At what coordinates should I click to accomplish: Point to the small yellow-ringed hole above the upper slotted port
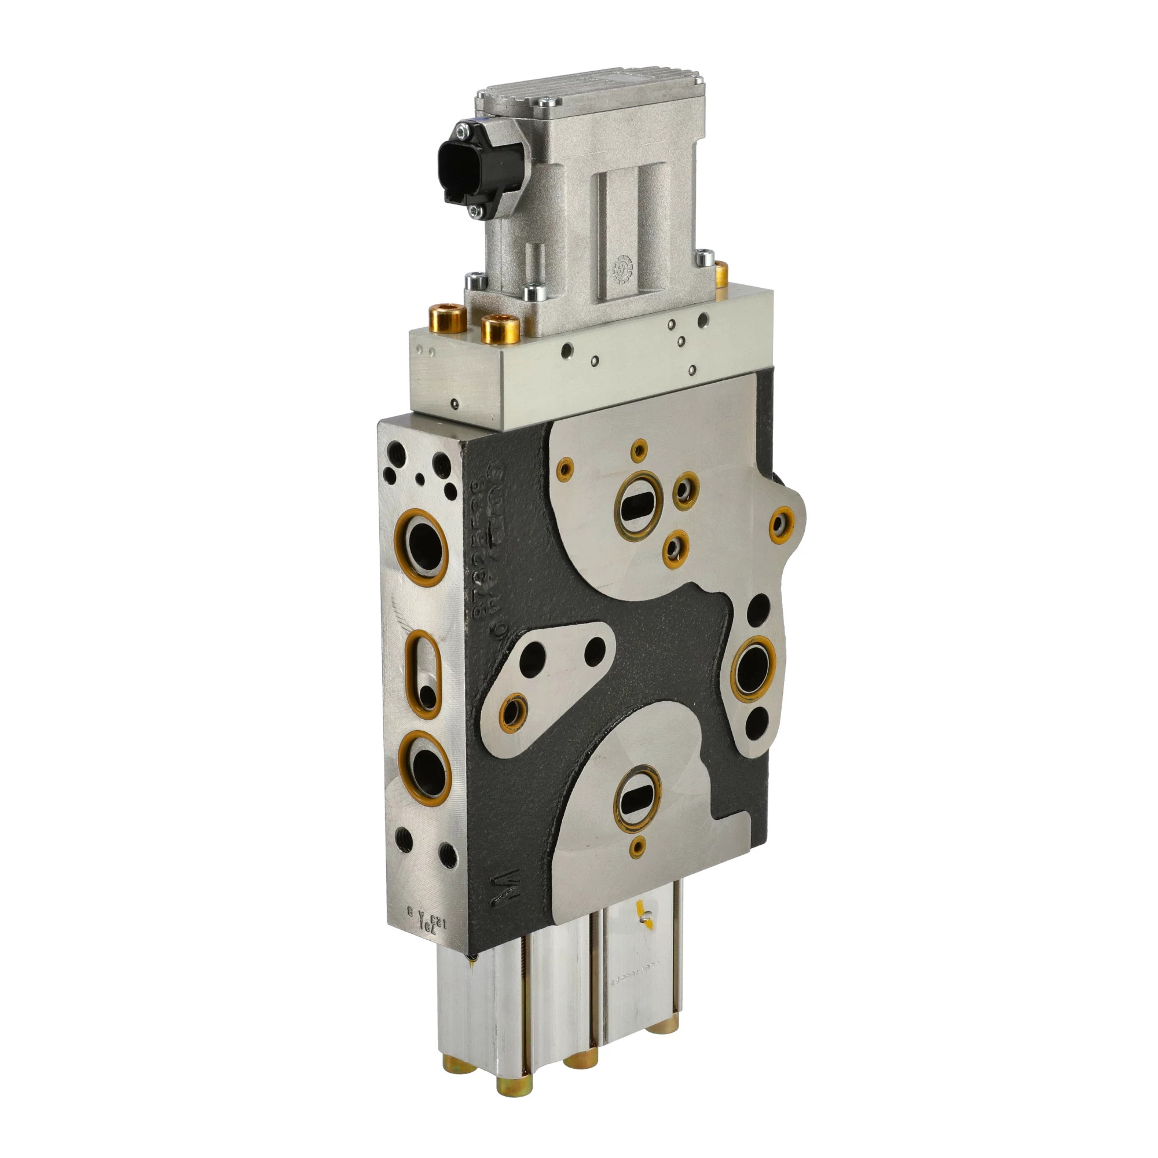pos(640,448)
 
